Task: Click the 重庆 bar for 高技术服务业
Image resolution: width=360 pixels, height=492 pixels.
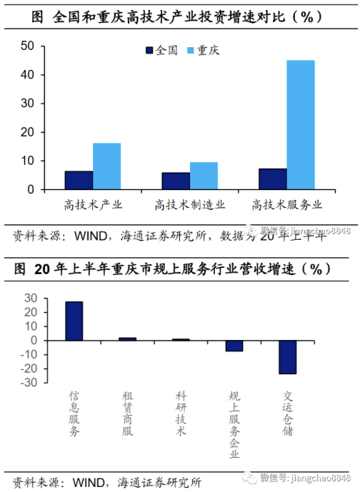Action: [301, 125]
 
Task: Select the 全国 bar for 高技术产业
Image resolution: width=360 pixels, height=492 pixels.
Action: [79, 181]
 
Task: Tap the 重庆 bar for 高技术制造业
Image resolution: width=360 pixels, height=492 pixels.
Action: [204, 176]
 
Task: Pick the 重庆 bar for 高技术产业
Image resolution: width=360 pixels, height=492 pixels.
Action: [106, 166]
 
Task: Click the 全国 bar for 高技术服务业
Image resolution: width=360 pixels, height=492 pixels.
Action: [273, 179]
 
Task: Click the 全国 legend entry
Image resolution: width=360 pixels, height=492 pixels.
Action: [162, 51]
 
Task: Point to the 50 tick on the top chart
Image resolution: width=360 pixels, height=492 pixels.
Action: [28, 46]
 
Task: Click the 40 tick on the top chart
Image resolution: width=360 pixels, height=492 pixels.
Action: [28, 75]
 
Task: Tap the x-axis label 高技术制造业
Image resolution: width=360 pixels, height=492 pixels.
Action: [190, 205]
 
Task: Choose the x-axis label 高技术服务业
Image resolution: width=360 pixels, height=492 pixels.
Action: [287, 205]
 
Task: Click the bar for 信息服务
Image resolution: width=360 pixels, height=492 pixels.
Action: [74, 321]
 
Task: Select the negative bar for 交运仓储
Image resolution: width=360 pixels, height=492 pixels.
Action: [288, 357]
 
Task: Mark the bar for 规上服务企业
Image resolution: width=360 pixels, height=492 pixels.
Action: [234, 346]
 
